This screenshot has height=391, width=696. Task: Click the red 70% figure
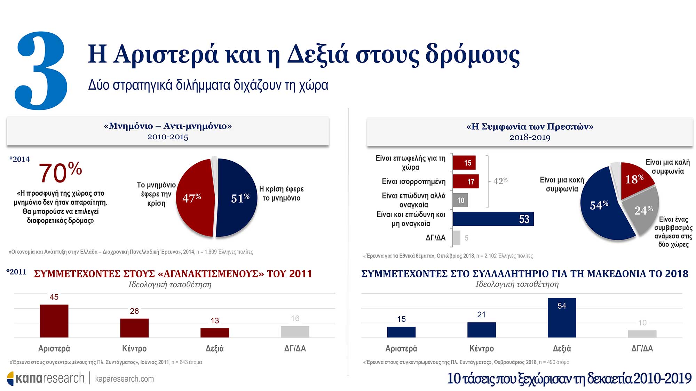click(x=60, y=172)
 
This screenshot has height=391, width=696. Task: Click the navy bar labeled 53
click(x=493, y=219)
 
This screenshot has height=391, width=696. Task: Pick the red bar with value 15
click(x=464, y=163)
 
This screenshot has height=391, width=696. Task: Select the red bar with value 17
click(x=466, y=181)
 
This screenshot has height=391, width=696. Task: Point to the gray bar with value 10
click(x=460, y=200)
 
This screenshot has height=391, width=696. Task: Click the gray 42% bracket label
click(x=500, y=181)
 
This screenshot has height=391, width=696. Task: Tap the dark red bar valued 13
click(x=215, y=333)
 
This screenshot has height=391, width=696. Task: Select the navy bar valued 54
click(x=562, y=318)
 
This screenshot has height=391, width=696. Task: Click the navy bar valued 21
click(x=481, y=330)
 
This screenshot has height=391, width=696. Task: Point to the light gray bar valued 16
click(x=295, y=332)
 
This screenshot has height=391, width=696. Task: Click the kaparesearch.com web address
click(x=124, y=379)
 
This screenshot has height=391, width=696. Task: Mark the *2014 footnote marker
click(x=19, y=159)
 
